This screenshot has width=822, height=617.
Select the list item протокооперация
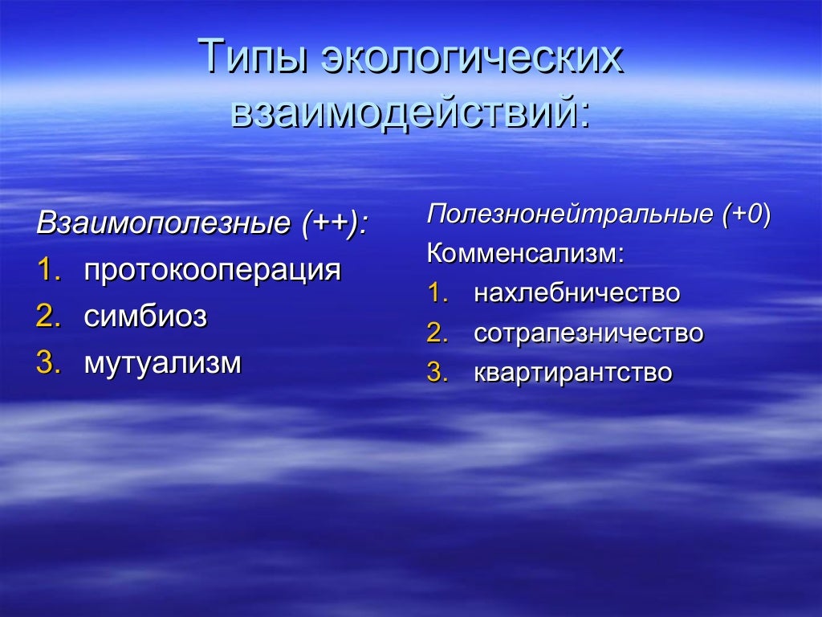coord(213,270)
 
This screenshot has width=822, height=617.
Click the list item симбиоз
coord(145,317)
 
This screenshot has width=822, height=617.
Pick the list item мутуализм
coord(163,363)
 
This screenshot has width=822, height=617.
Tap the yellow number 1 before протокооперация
coord(45,270)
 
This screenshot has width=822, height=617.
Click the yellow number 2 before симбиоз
coord(45,317)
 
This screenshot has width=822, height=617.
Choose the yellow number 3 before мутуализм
coord(45,363)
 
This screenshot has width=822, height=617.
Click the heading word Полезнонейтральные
coord(569,215)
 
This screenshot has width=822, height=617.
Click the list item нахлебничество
coord(576,293)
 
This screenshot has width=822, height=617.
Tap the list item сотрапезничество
coord(588,333)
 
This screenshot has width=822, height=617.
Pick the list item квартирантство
coord(572,373)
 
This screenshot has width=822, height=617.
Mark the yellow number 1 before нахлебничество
coord(434,293)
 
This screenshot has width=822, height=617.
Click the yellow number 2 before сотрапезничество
coord(434,333)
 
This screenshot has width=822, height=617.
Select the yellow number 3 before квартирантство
coord(434,373)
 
